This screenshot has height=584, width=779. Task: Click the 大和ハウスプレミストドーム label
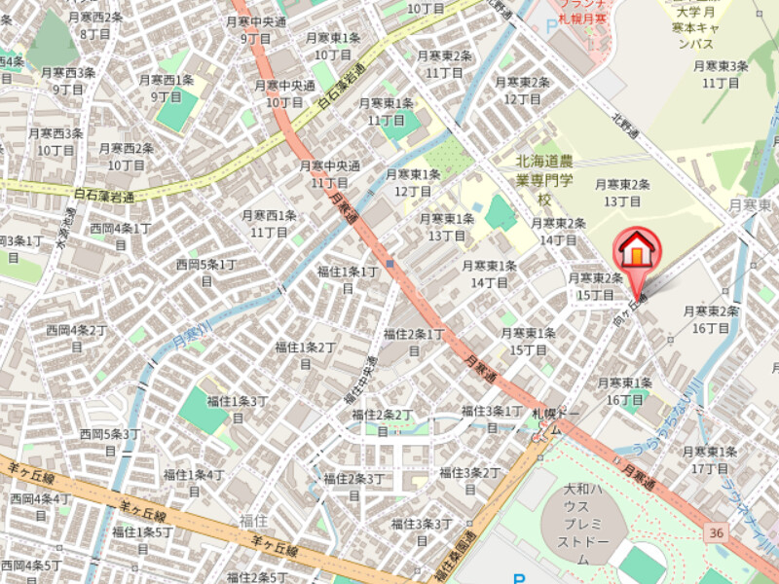(582, 521)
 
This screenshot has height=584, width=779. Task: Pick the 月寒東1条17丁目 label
(711, 459)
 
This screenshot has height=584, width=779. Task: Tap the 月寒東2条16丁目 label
(710, 319)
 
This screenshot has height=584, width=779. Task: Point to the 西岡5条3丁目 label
(111, 441)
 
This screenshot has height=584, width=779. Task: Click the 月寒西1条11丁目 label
(269, 223)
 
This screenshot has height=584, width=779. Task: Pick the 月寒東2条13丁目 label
(622, 192)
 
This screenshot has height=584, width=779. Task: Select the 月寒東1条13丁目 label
(447, 227)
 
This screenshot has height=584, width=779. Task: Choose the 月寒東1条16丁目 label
(624, 390)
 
